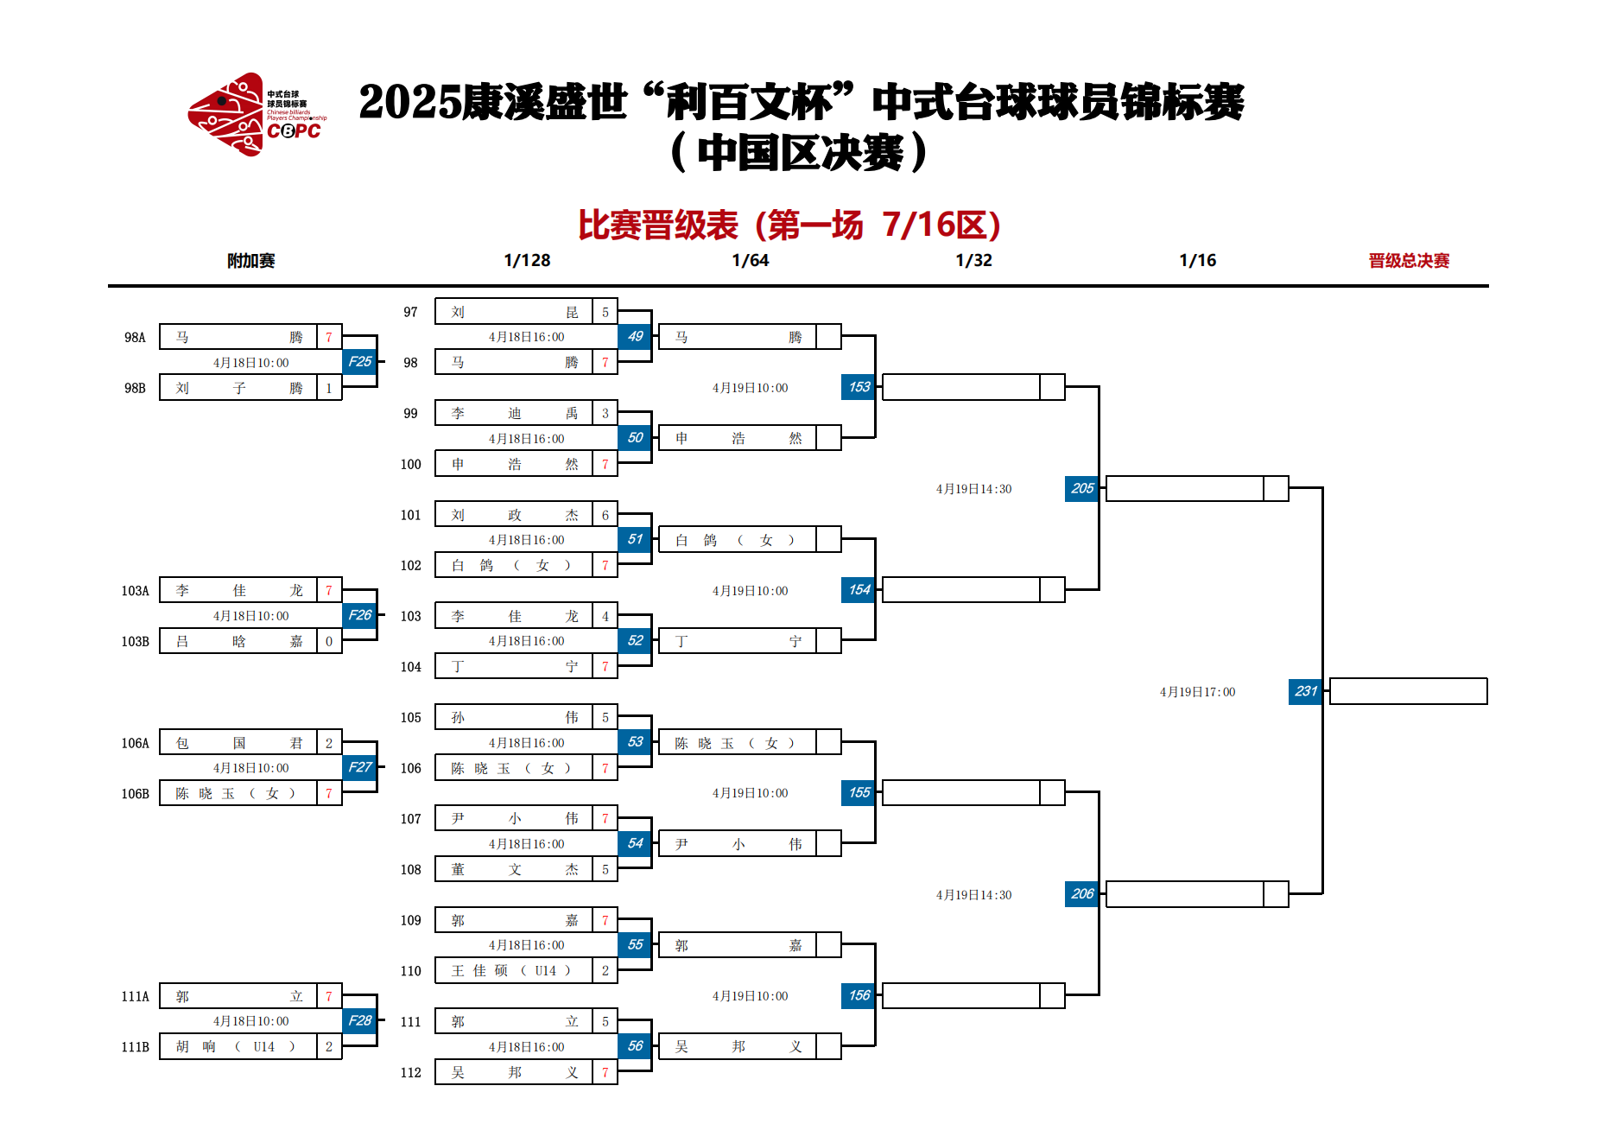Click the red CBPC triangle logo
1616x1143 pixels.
click(226, 115)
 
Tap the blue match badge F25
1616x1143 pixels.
click(359, 362)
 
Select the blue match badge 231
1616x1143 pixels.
click(1305, 691)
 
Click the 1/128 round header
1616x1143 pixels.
click(527, 260)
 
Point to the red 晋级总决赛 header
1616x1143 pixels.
click(1409, 260)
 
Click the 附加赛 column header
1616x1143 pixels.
click(250, 260)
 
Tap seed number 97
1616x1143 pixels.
click(410, 312)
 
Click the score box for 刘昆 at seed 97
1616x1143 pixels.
click(605, 312)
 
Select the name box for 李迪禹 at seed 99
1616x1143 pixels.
click(514, 413)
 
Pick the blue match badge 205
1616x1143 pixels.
click(1082, 488)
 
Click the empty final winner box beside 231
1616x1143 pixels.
click(1409, 691)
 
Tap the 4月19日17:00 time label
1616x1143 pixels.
click(1197, 692)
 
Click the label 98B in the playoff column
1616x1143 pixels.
click(135, 388)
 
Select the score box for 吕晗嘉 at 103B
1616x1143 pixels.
click(329, 641)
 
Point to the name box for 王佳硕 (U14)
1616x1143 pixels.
click(514, 970)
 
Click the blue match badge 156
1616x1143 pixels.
click(859, 995)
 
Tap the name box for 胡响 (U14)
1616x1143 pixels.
click(238, 1046)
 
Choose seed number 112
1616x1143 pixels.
click(410, 1072)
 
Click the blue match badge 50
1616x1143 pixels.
click(635, 438)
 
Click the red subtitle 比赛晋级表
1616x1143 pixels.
click(658, 225)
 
